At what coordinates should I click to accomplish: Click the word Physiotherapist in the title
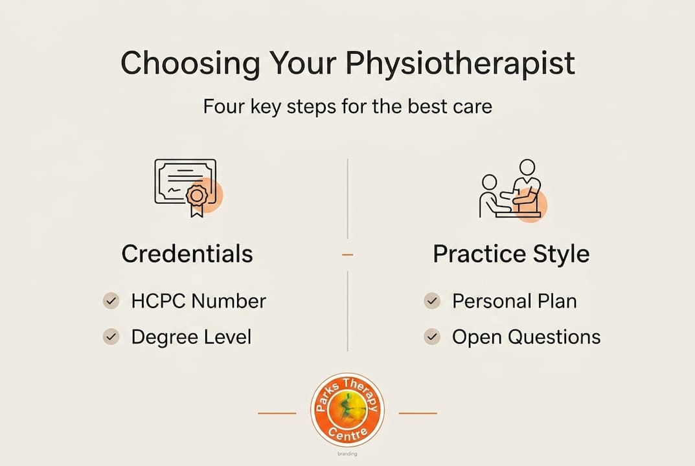[x=460, y=63]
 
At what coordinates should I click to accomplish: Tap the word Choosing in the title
[x=190, y=63]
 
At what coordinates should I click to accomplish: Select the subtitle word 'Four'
[x=223, y=106]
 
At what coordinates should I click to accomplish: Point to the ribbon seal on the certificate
[x=197, y=200]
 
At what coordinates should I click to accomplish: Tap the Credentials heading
[x=187, y=254]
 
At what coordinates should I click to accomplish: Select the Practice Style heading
[x=511, y=254]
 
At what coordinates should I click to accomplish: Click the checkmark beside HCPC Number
[x=111, y=301]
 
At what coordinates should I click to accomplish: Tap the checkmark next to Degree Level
[x=111, y=337]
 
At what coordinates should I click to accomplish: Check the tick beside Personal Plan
[x=432, y=301]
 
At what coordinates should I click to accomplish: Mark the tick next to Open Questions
[x=432, y=337]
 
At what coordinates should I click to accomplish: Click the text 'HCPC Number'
[x=199, y=301]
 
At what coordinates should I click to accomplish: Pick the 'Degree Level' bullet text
[x=192, y=337]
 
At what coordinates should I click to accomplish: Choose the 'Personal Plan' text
[x=514, y=301]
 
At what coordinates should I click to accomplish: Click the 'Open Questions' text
[x=527, y=337]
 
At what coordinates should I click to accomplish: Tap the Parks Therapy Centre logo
[x=347, y=410]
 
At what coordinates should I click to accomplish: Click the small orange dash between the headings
[x=347, y=255]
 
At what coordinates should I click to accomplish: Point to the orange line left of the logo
[x=277, y=414]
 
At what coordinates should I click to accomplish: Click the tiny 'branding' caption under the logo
[x=347, y=454]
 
